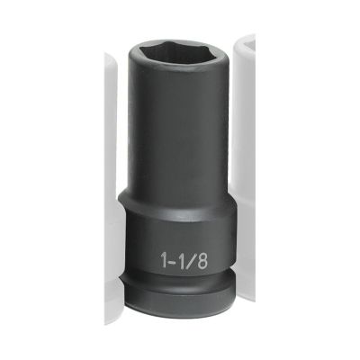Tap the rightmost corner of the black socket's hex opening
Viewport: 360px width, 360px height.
(212, 49)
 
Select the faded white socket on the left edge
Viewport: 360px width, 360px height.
(110, 180)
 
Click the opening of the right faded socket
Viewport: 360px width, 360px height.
(246, 47)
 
